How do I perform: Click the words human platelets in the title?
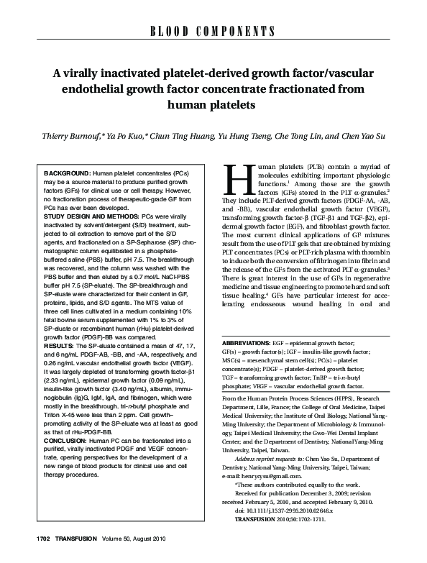[x=212, y=105]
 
